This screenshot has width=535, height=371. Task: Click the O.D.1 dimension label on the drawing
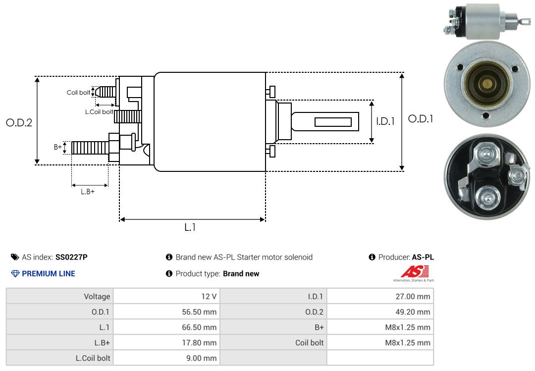421,119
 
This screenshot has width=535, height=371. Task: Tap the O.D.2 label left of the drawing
19,123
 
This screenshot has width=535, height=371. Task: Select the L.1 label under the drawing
190,227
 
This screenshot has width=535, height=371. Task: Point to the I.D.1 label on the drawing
385,121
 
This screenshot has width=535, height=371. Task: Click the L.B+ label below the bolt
88,192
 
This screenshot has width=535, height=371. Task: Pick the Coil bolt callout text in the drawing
78,93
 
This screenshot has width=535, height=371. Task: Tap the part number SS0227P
71,257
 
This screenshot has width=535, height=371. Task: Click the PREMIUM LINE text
48,273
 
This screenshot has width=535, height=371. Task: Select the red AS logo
415,271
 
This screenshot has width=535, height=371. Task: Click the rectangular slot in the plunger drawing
333,122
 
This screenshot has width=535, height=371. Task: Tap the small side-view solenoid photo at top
485,21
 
